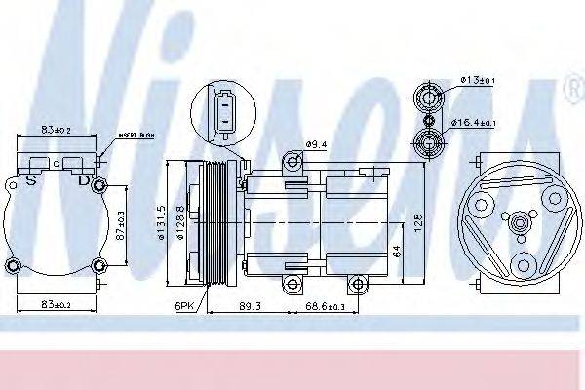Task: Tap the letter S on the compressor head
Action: pos(32,180)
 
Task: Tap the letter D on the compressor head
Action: pos(84,180)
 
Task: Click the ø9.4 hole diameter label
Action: pos(317,145)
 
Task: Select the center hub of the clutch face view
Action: pos(521,223)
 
